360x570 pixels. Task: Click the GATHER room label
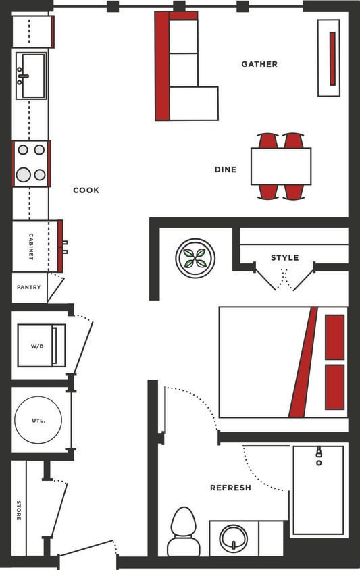pyautogui.click(x=259, y=64)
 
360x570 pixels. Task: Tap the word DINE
pyautogui.click(x=226, y=170)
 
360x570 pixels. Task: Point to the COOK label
pyautogui.click(x=86, y=190)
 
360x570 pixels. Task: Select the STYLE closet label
pyautogui.click(x=284, y=257)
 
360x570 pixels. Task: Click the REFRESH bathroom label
pyautogui.click(x=230, y=488)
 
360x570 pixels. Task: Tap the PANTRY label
pyautogui.click(x=29, y=287)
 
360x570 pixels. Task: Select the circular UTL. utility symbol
pyautogui.click(x=38, y=420)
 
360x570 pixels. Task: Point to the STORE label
pyautogui.click(x=18, y=509)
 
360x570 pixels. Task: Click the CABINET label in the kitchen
pyautogui.click(x=31, y=247)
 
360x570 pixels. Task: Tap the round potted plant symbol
pyautogui.click(x=195, y=257)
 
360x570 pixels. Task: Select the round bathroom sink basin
pyautogui.click(x=233, y=538)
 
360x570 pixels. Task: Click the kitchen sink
pyautogui.click(x=31, y=75)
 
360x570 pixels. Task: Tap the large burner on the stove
pyautogui.click(x=24, y=174)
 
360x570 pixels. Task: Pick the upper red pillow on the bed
pyautogui.click(x=334, y=337)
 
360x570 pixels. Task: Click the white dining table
pyautogui.click(x=280, y=166)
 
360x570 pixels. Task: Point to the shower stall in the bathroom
pyautogui.click(x=318, y=490)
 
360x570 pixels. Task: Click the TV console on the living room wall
pyautogui.click(x=329, y=57)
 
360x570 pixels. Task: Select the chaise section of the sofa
pyautogui.click(x=194, y=103)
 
